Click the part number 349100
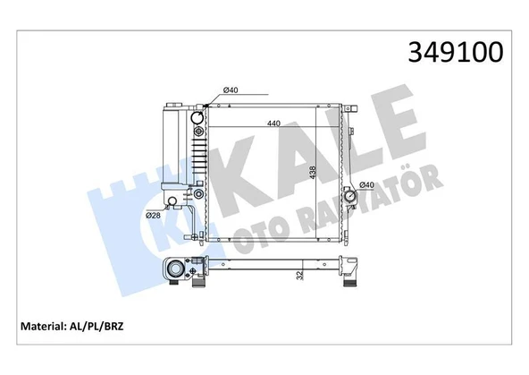456,53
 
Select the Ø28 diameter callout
153,214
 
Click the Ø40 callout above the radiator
230,89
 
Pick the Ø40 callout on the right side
367,185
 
